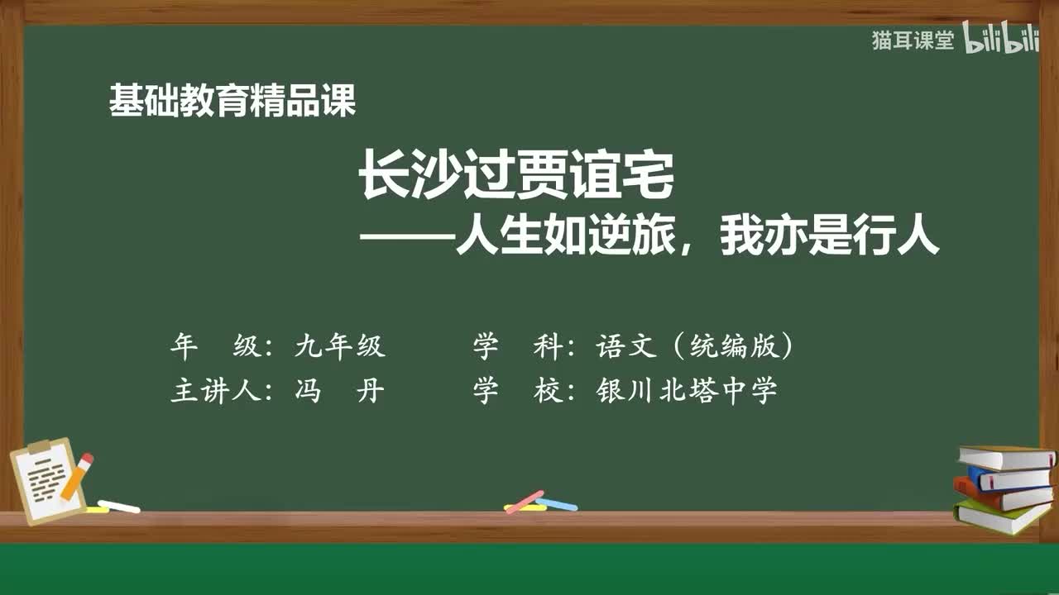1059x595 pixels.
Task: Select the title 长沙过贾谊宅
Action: (517, 178)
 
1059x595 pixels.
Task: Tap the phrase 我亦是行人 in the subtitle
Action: (830, 238)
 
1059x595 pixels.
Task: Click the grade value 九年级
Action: (340, 347)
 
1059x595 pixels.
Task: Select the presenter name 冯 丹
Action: (340, 391)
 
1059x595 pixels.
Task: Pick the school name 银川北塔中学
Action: (687, 391)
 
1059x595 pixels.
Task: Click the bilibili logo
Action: (1002, 41)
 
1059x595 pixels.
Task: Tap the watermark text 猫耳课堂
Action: (913, 41)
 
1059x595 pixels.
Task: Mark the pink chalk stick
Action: (525, 501)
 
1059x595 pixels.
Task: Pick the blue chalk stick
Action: (557, 503)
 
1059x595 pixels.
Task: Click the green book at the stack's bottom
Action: (1002, 516)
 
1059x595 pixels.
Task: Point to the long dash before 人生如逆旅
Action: (406, 239)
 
